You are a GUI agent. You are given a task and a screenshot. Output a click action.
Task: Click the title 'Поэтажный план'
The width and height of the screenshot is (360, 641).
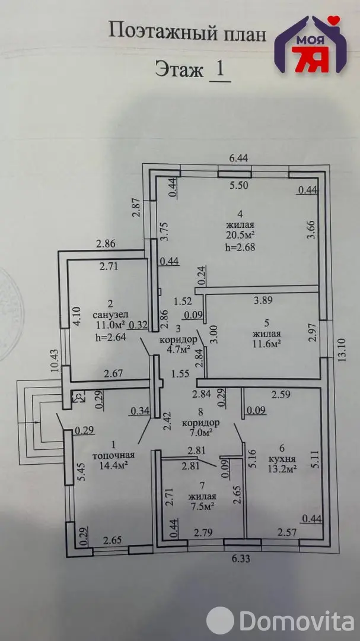[187, 32]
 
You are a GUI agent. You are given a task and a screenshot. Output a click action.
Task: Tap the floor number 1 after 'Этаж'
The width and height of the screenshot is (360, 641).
[220, 69]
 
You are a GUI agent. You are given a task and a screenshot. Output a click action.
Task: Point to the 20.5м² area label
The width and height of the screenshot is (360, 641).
[240, 236]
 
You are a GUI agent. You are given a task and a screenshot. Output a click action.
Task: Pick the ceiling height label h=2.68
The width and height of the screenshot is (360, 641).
[240, 247]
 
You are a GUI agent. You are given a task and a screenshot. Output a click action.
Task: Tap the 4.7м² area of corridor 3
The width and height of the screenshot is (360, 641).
[179, 350]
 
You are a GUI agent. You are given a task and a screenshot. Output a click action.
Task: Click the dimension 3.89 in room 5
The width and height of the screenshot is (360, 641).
[263, 300]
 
